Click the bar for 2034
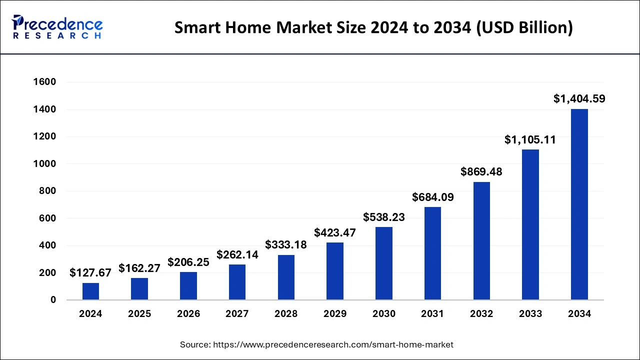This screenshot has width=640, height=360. [x=579, y=204]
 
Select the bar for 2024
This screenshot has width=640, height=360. [x=90, y=291]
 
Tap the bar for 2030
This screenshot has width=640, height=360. [x=384, y=263]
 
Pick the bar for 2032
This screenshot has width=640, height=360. [x=481, y=241]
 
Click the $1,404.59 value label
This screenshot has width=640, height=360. [x=579, y=99]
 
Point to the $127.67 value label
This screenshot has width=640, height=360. [x=90, y=272]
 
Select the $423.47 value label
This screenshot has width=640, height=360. [x=335, y=232]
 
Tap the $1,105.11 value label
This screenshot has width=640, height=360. [x=530, y=140]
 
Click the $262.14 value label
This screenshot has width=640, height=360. [x=237, y=254]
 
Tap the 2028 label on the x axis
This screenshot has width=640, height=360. [x=286, y=314]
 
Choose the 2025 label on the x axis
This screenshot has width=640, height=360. [x=139, y=314]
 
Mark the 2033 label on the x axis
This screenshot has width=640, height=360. [x=530, y=314]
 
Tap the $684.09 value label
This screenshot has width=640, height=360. [x=433, y=197]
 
